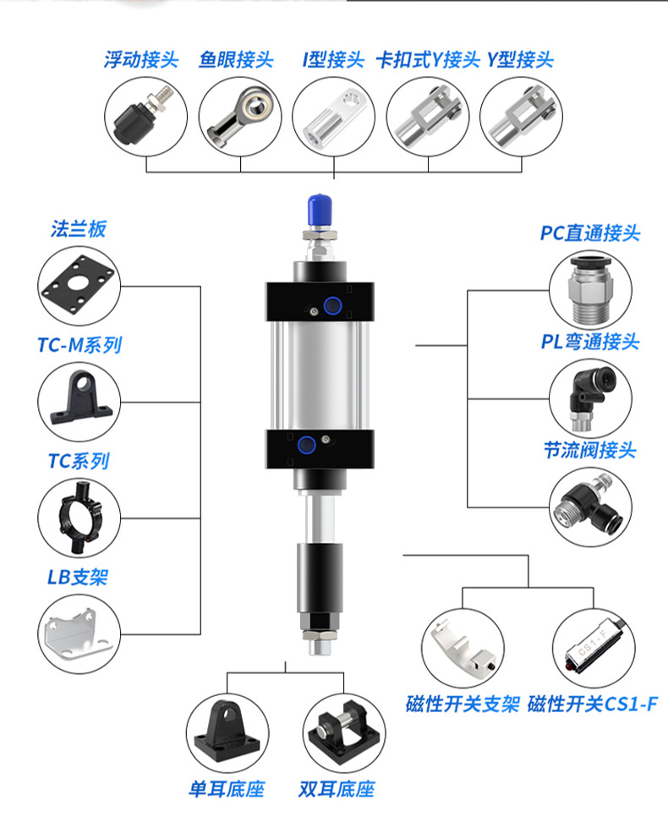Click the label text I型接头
point(333,60)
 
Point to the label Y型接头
point(520,60)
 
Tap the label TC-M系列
point(79,345)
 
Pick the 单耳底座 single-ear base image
point(226,732)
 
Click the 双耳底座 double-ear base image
point(342,732)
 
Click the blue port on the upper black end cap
point(333,306)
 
